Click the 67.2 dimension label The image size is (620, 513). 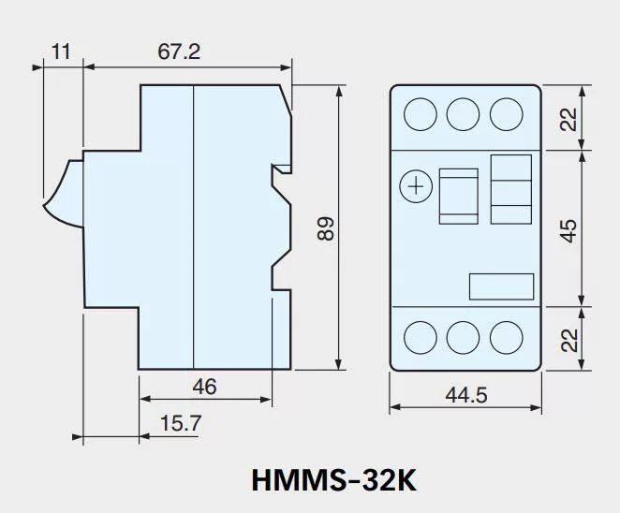click(179, 51)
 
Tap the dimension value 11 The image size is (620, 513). click(61, 51)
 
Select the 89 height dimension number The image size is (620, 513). click(326, 228)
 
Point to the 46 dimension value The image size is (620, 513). click(204, 387)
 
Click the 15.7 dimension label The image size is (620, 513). click(181, 423)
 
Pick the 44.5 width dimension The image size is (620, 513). click(466, 395)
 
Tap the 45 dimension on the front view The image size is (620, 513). click(568, 231)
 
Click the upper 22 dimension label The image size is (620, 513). click(568, 120)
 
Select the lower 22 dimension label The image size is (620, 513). click(569, 340)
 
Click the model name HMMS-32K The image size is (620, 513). click(333, 480)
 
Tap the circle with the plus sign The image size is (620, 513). click(416, 186)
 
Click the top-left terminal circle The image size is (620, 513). click(421, 114)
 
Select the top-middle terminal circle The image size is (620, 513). click(463, 114)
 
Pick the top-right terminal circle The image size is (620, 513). click(506, 114)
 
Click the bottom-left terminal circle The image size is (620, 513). click(421, 338)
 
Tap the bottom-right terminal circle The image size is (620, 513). click(506, 338)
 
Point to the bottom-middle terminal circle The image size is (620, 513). click(463, 338)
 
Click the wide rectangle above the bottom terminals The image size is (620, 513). click(501, 286)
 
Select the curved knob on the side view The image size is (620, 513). click(64, 194)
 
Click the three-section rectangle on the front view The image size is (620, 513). click(510, 189)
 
